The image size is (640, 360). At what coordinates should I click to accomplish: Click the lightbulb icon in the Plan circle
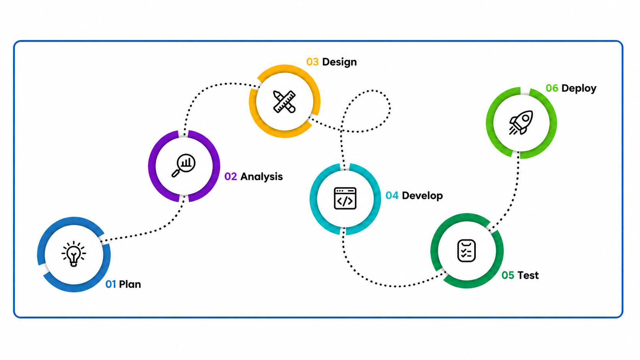(x=74, y=254)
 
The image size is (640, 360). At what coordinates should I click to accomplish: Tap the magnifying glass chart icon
(x=184, y=166)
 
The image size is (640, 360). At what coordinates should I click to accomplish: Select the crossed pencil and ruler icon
(x=284, y=102)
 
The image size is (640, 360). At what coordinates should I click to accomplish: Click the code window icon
(x=345, y=199)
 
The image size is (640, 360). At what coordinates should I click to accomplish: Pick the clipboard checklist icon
(x=467, y=251)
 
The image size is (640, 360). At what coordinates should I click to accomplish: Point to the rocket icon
(x=521, y=122)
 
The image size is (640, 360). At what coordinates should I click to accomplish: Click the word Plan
(x=130, y=284)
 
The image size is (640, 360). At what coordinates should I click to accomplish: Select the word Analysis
(x=261, y=177)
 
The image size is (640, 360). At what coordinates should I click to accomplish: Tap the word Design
(x=340, y=62)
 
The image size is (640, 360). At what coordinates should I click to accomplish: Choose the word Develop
(x=422, y=195)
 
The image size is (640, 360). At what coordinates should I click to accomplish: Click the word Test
(x=528, y=275)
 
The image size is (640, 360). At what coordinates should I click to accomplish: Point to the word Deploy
(x=579, y=88)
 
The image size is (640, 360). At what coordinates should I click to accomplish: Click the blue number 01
(x=111, y=284)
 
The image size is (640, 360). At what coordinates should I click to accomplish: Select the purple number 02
(x=230, y=177)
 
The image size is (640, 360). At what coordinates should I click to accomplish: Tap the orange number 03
(x=312, y=62)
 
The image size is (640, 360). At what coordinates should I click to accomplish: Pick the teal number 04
(x=392, y=195)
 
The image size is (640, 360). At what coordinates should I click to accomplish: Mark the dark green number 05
(x=508, y=275)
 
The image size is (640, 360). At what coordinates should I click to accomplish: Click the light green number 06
(x=552, y=88)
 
